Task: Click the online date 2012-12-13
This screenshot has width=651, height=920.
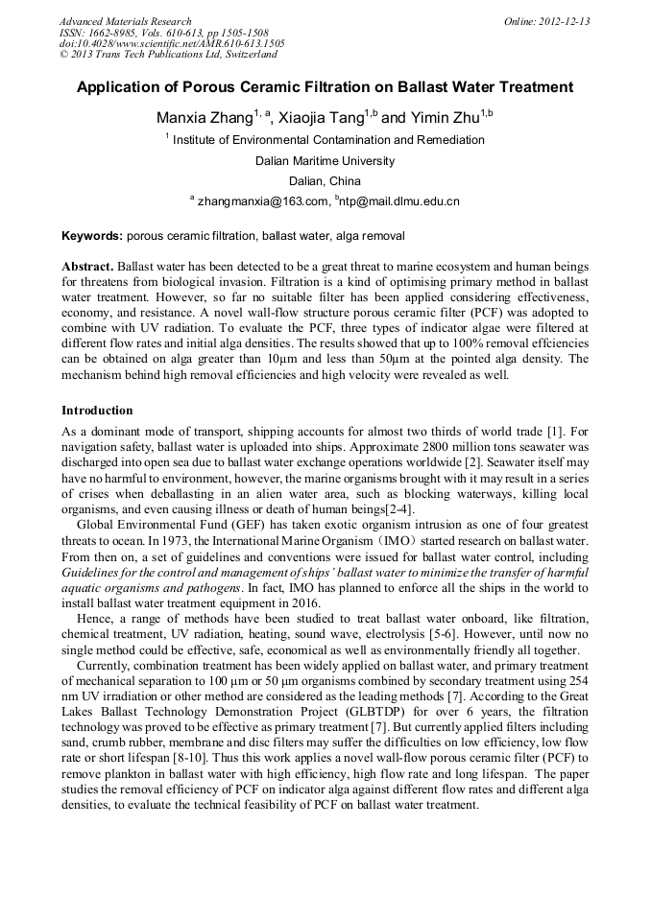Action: click(564, 21)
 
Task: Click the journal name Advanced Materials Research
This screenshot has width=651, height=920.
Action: click(125, 21)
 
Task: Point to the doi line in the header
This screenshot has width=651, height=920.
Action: click(172, 43)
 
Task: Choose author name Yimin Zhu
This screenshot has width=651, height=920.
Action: click(443, 119)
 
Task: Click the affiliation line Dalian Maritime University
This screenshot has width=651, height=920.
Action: click(325, 161)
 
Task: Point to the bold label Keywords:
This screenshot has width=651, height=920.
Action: click(92, 236)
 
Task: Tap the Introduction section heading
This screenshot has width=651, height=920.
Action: click(97, 411)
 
